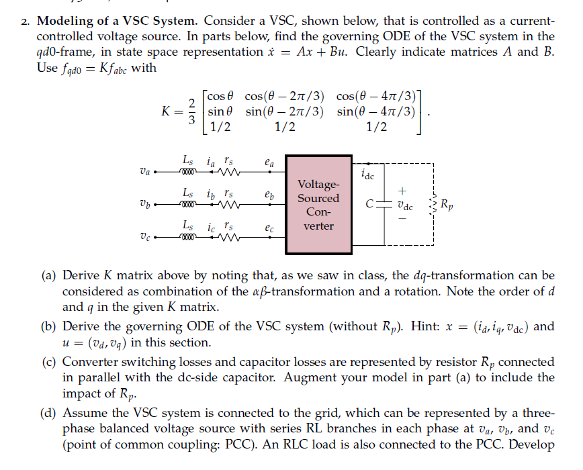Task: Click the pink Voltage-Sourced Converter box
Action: click(318, 205)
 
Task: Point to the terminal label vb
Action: click(144, 203)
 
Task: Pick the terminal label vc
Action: click(144, 236)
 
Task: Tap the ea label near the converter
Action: click(269, 162)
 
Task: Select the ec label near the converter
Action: click(269, 227)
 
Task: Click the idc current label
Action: click(368, 176)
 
